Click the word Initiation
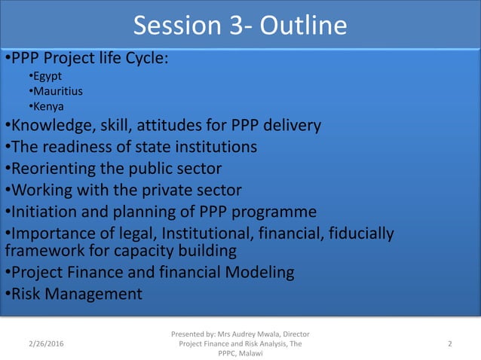(x=42, y=210)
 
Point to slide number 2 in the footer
(x=449, y=344)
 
